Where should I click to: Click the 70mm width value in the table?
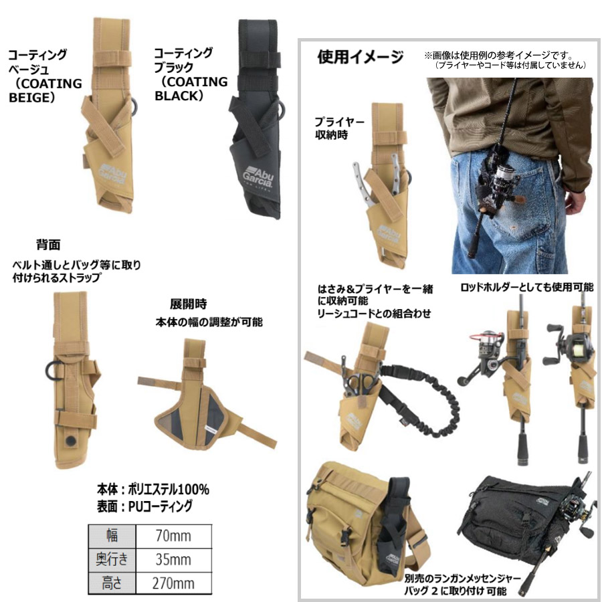click(x=173, y=536)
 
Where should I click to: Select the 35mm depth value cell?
click(x=173, y=559)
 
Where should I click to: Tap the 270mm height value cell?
click(x=173, y=583)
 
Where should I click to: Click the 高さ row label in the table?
click(x=112, y=583)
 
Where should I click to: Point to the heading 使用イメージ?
click(x=360, y=58)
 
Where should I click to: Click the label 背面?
click(x=48, y=245)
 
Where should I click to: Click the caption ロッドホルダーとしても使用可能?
click(x=526, y=287)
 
